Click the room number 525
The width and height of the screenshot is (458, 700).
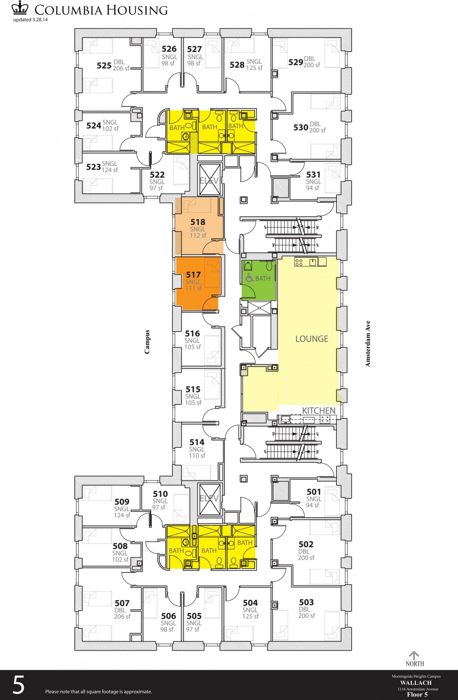click(104, 66)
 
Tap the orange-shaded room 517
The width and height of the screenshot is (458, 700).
click(197, 282)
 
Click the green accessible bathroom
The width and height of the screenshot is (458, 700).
click(259, 280)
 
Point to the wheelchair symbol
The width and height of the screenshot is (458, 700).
click(249, 278)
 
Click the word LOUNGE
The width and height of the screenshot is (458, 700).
click(311, 339)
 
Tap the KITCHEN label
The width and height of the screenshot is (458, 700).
click(319, 410)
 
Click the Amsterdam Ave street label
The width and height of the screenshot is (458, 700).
click(368, 343)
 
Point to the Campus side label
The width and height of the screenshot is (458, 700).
click(147, 342)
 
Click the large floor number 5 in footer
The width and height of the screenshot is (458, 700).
click(18, 685)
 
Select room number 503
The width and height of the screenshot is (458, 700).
click(306, 602)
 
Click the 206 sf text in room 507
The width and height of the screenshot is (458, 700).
click(122, 616)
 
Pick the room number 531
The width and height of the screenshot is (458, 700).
click(313, 175)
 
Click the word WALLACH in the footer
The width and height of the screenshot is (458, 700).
click(416, 682)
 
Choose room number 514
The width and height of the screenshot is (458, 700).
click(197, 442)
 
